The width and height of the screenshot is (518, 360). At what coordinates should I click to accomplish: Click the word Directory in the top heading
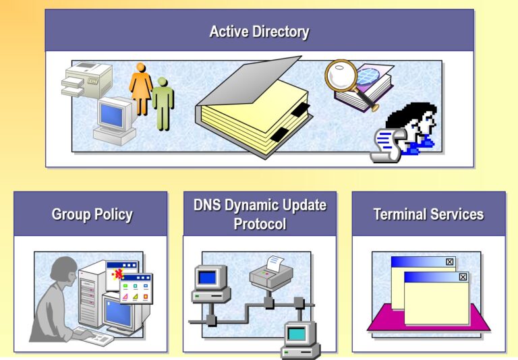[x=281, y=32]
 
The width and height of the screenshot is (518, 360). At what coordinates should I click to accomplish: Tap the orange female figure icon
[x=141, y=88]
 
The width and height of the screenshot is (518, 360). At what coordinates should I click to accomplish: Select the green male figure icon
[x=163, y=103]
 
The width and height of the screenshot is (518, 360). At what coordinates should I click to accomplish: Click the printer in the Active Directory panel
[x=87, y=80]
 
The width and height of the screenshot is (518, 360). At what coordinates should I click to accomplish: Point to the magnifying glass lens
[x=341, y=75]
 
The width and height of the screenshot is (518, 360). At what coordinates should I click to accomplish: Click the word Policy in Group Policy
[x=113, y=214]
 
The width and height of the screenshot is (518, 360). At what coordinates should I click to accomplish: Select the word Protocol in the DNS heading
[x=260, y=224]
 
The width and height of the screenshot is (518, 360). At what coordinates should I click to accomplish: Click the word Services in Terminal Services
[x=457, y=214]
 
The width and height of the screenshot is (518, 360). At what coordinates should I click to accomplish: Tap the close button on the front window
[x=463, y=277]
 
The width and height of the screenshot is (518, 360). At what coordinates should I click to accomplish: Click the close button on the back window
[x=450, y=262]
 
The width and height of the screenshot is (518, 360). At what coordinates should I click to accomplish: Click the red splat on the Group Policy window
[x=117, y=274]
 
